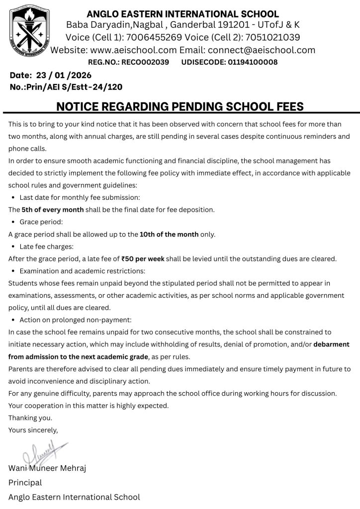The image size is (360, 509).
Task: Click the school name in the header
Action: [182, 14]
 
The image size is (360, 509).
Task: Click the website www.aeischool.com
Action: [134, 50]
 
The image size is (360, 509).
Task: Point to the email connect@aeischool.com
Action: [262, 50]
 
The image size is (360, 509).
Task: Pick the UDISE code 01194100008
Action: [253, 62]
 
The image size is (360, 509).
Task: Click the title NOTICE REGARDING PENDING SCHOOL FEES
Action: [180, 106]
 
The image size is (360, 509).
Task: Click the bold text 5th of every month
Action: [53, 210]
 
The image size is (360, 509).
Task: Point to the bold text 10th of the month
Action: [169, 234]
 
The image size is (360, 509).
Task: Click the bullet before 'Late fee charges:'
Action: [12, 247]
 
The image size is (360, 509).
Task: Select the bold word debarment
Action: [331, 344]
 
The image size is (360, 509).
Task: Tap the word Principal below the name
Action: [25, 483]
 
